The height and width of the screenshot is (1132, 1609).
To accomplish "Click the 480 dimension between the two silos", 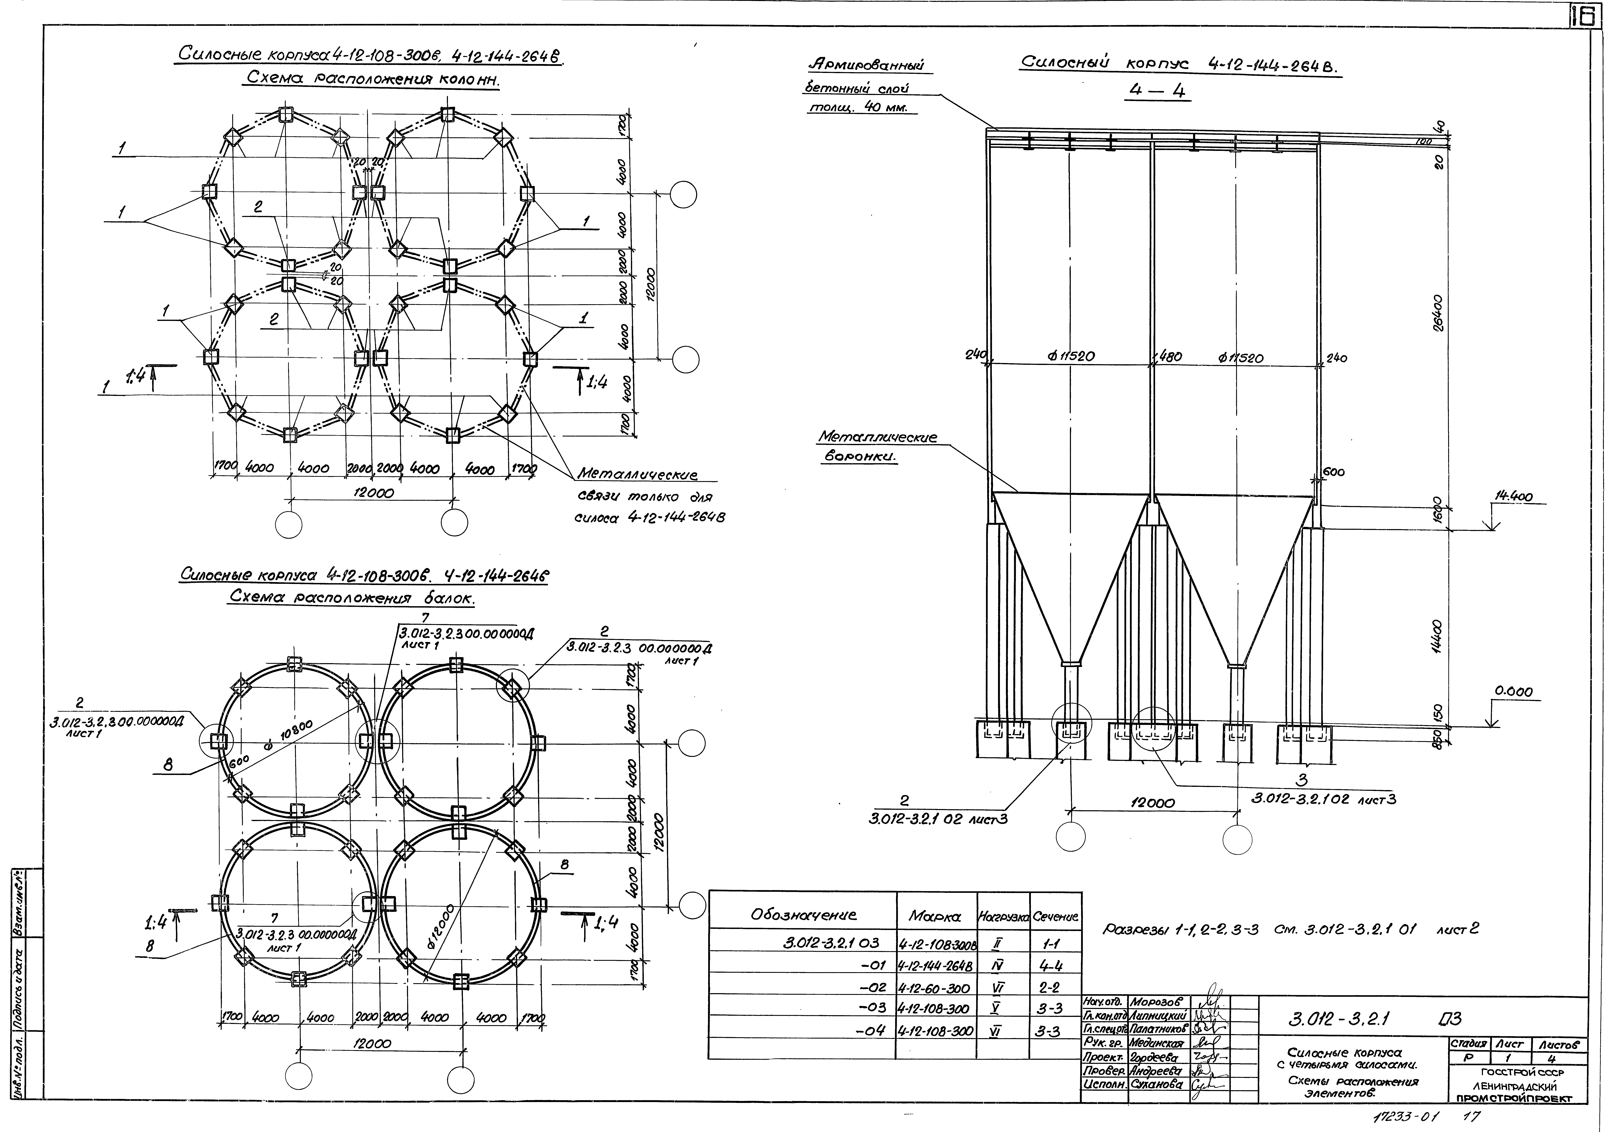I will [1169, 357].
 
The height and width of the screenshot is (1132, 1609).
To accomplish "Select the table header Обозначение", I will [803, 915].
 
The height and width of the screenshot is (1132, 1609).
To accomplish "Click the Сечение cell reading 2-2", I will [1050, 988].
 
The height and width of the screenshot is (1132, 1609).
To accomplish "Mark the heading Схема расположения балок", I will [352, 599].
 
